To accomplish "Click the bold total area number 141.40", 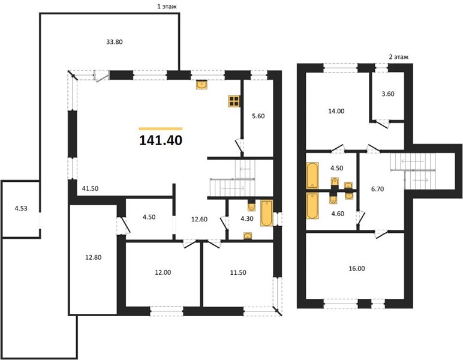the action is [x=161, y=140].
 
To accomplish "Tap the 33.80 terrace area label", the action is [x=115, y=42].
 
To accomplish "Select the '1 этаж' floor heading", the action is [x=167, y=7].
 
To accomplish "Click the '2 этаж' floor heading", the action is [x=399, y=57].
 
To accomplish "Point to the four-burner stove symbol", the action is [x=234, y=101].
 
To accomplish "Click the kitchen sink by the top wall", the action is [x=202, y=85].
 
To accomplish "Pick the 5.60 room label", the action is [x=258, y=116].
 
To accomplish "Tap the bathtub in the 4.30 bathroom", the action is [x=267, y=213].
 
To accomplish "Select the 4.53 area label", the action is [x=21, y=208].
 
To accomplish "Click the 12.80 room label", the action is [x=94, y=257].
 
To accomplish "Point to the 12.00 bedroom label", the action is [x=163, y=272].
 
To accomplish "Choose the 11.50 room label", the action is [x=238, y=272].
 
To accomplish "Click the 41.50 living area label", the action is [x=90, y=188].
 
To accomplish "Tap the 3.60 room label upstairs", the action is [x=387, y=94].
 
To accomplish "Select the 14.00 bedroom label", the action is [x=336, y=111].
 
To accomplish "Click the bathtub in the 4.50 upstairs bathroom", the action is [x=312, y=175].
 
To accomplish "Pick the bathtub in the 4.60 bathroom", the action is [x=312, y=206].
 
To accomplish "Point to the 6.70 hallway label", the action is [x=377, y=189].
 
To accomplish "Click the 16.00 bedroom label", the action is [x=357, y=268].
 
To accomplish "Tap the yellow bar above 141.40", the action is [x=161, y=128].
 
